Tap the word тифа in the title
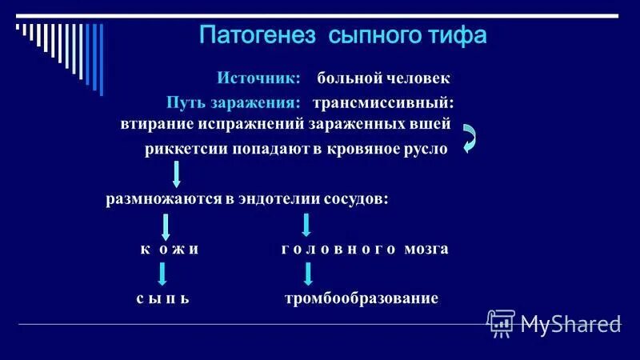[x=458, y=37]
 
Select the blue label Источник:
[x=258, y=78]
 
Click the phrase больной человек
[x=383, y=78]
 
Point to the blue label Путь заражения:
[x=234, y=103]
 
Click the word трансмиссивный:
[x=383, y=103]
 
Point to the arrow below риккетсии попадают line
[x=177, y=174]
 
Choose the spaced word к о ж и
[x=169, y=249]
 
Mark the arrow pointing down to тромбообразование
[x=308, y=274]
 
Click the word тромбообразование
[x=362, y=298]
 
